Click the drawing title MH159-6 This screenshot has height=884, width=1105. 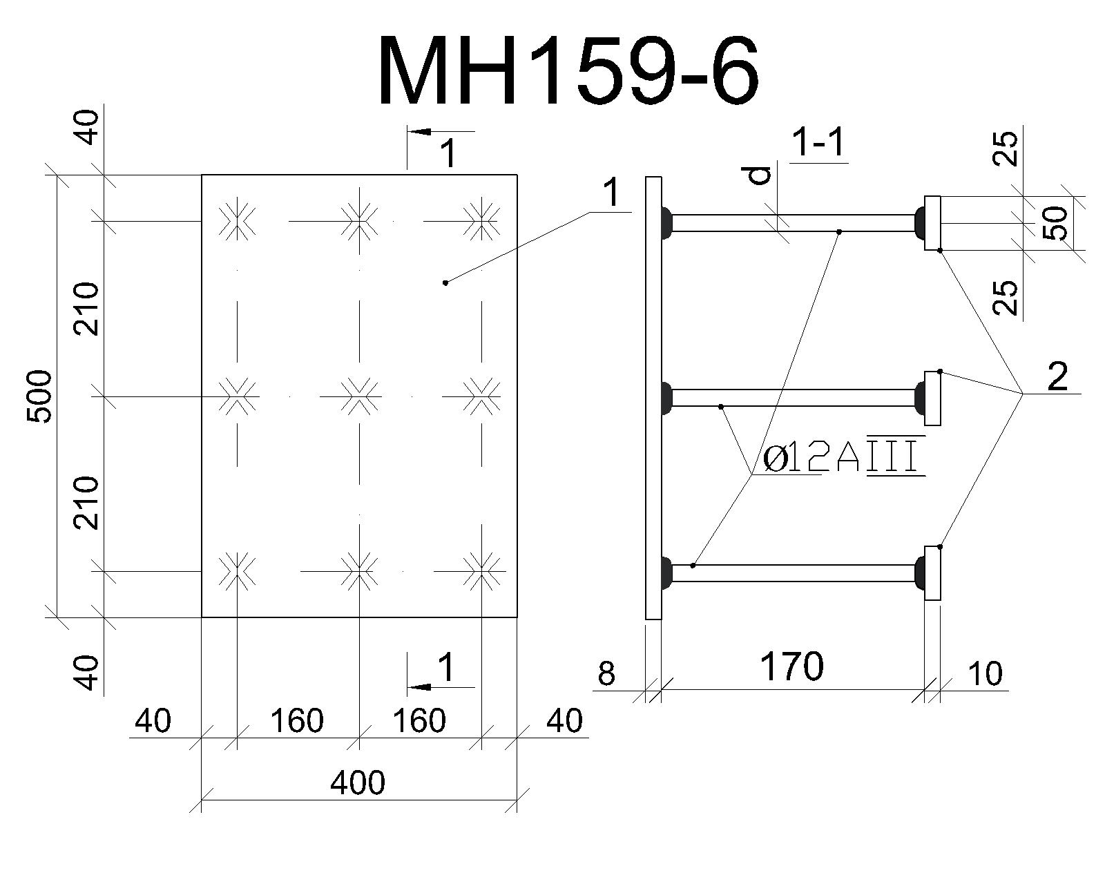pyautogui.click(x=568, y=70)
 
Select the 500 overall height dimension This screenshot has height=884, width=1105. pyautogui.click(x=39, y=396)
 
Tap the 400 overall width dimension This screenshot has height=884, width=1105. pyautogui.click(x=357, y=782)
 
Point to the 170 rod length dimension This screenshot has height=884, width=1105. pyautogui.click(x=791, y=666)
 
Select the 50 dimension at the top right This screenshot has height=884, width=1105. pyautogui.click(x=1057, y=223)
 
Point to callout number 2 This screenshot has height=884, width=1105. pyautogui.click(x=1057, y=376)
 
